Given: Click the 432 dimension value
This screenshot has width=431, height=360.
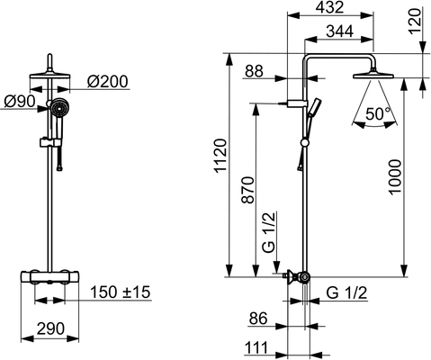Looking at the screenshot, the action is pos(329,7).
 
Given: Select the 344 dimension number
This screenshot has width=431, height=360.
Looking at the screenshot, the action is pos(339,31).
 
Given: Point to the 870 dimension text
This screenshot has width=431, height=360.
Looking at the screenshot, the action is pos(248,191).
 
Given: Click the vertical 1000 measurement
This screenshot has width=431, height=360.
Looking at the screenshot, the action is pos(395,177).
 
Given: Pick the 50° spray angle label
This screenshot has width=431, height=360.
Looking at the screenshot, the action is pos(379,113).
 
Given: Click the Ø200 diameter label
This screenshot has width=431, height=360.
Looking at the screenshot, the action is pos(108,81).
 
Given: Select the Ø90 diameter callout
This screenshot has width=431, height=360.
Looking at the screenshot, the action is pos(20,102).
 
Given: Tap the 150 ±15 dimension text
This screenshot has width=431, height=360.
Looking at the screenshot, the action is pos(121,292).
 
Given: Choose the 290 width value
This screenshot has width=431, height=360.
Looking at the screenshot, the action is pos(50,328).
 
